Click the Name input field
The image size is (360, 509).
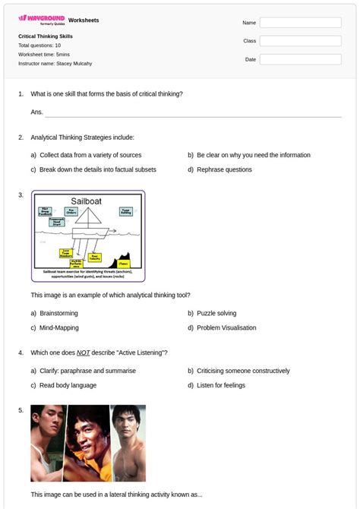(300, 23)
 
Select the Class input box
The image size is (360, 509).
(300, 41)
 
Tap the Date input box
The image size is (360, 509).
(300, 59)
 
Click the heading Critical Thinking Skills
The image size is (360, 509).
(46, 36)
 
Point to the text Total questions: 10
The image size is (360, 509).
(39, 46)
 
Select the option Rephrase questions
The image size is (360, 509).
(224, 169)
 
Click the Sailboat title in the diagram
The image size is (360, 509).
(87, 201)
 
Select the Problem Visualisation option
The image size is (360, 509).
(226, 328)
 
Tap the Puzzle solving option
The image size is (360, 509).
(216, 313)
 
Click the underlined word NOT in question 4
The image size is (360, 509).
(84, 353)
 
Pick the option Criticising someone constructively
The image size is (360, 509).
(243, 371)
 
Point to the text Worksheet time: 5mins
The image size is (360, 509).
(44, 55)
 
